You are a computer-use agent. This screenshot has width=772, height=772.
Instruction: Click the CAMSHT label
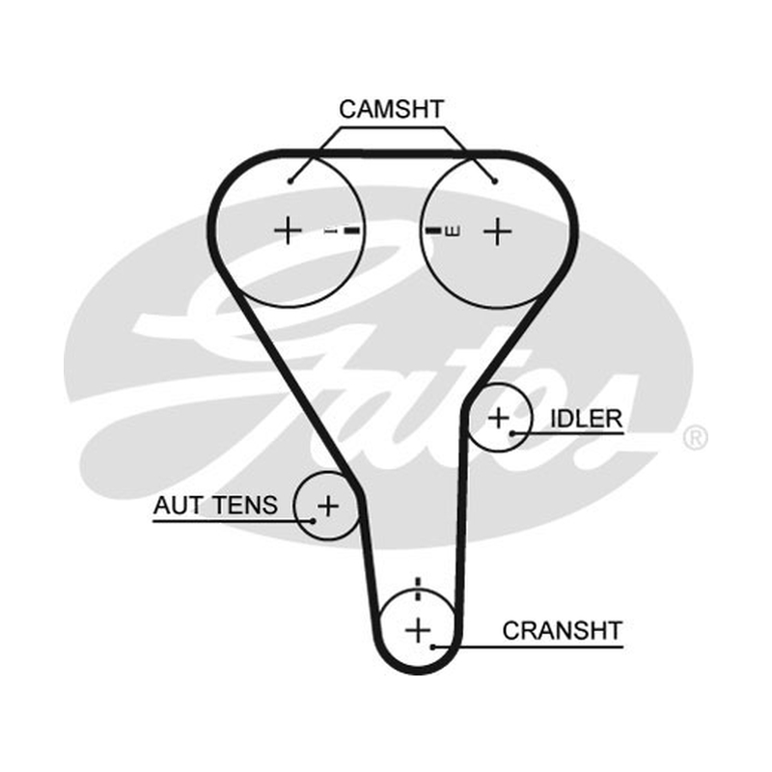click(392, 109)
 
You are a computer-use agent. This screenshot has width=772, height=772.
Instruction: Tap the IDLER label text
click(586, 419)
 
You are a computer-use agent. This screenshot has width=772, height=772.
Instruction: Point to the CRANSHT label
click(563, 631)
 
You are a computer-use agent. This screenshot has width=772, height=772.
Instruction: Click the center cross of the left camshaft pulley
click(288, 231)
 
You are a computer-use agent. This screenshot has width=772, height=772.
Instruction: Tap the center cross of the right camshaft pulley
click(497, 231)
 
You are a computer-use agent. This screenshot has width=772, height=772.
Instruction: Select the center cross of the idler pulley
click(499, 418)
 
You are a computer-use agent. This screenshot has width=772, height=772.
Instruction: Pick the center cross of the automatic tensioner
click(328, 506)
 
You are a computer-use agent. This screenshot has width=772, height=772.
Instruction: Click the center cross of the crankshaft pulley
click(418, 630)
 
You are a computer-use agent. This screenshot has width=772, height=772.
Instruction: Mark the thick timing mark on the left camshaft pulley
click(352, 231)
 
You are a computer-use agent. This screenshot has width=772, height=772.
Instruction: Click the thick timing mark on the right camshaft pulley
click(433, 230)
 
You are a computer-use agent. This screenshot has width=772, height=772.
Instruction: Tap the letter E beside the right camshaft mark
click(453, 231)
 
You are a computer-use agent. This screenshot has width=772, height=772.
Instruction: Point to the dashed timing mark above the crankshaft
click(418, 589)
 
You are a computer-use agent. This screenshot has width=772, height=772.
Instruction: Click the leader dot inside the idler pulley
click(512, 433)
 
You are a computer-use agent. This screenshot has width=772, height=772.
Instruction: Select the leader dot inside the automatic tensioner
click(313, 520)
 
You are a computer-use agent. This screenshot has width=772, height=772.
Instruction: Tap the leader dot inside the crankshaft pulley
click(432, 647)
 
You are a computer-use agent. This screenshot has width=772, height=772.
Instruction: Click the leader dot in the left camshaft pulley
click(290, 181)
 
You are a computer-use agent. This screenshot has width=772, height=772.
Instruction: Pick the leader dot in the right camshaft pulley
click(495, 181)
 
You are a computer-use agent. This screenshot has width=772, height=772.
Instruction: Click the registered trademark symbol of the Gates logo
click(695, 437)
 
